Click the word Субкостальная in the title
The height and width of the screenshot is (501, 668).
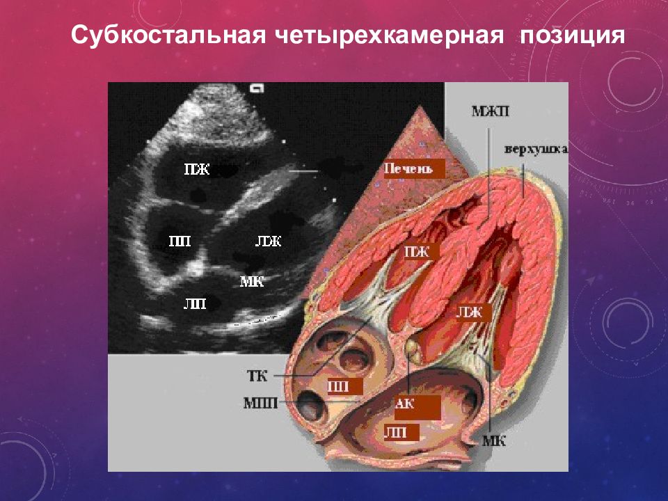point(159,35)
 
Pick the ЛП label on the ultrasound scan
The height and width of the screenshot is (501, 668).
point(195,303)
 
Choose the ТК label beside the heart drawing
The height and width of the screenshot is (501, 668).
point(257,376)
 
